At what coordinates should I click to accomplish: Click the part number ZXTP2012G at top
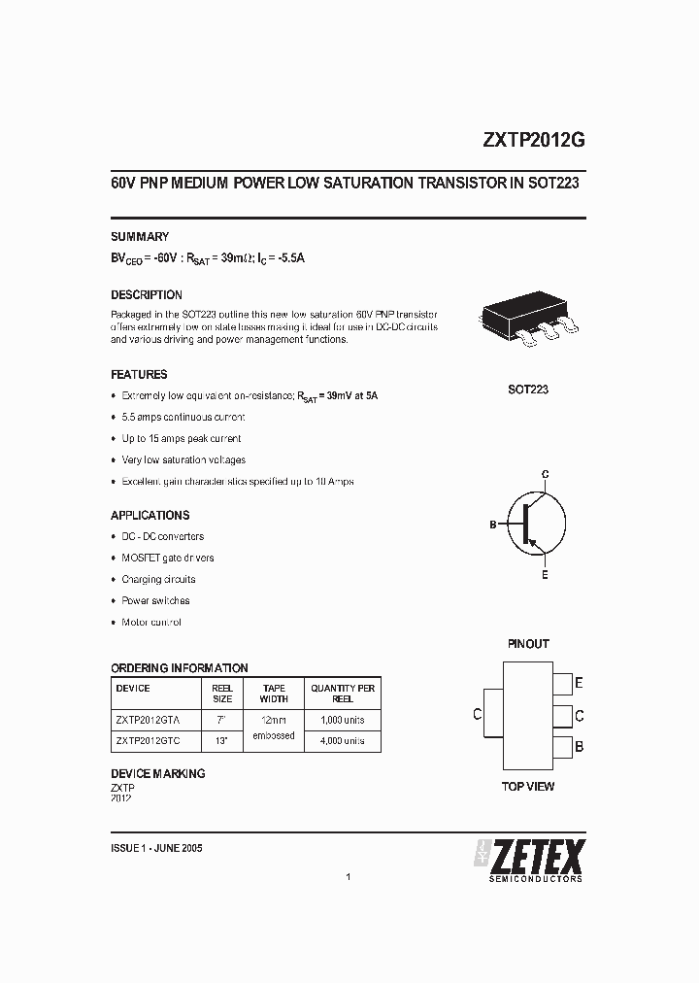click(x=533, y=139)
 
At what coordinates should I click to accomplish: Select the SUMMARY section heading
click(x=140, y=236)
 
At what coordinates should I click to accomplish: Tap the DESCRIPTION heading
click(x=147, y=294)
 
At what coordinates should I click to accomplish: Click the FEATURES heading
click(x=139, y=374)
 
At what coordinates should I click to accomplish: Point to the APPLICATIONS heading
click(x=150, y=515)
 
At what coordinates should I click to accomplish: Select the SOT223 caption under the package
click(x=528, y=389)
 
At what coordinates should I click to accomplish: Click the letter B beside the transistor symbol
click(x=493, y=525)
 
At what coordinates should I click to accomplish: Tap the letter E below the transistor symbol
click(x=545, y=575)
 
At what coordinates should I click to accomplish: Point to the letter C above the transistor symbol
click(x=545, y=474)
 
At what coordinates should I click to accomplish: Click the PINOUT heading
click(x=528, y=643)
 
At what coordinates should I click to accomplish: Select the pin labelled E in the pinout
click(x=562, y=683)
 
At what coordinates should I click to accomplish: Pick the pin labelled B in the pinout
click(x=562, y=747)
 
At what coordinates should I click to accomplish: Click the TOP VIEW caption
click(x=528, y=786)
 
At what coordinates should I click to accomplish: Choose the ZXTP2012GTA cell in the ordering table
click(x=155, y=720)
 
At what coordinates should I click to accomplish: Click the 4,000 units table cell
click(x=343, y=740)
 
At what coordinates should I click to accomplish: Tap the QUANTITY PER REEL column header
click(x=343, y=693)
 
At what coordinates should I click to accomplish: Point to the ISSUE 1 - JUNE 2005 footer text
click(x=156, y=847)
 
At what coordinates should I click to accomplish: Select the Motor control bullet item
click(x=151, y=622)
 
